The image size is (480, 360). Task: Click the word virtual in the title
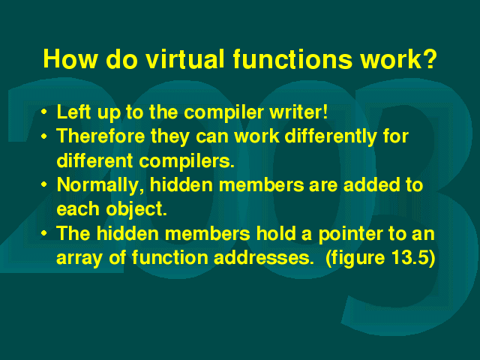tap(185, 58)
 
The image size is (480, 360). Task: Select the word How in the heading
tap(70, 58)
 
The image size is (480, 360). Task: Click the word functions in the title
tap(292, 58)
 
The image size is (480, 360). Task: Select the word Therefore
tap(100, 136)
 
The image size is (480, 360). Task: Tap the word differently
tap(331, 137)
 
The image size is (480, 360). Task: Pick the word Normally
tap(100, 186)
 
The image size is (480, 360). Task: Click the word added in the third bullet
tap(372, 185)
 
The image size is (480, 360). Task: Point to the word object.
tap(136, 210)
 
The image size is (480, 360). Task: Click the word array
tap(79, 258)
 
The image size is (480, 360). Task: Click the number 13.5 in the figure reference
tap(409, 258)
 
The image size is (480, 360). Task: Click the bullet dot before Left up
tap(44, 112)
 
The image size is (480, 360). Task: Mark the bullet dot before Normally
tap(44, 184)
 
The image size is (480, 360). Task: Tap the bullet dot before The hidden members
tap(44, 233)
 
